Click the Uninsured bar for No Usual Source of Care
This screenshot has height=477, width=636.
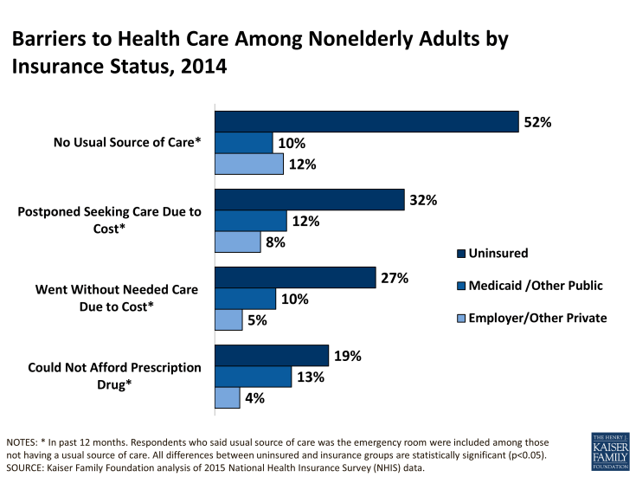366,122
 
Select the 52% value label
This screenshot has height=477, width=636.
536,122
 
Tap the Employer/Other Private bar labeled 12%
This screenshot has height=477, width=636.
249,164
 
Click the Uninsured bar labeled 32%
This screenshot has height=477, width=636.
309,200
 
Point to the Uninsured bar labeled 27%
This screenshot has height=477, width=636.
294,278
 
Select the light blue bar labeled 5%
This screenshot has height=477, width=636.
228,319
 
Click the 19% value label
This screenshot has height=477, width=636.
347,356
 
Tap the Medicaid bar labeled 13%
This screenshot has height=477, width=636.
253,377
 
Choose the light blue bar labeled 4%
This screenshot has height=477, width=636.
227,397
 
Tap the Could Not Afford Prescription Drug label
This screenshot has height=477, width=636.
114,376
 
